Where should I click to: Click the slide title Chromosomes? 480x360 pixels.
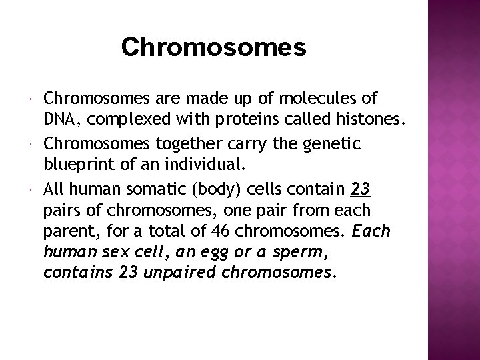[214, 47]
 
